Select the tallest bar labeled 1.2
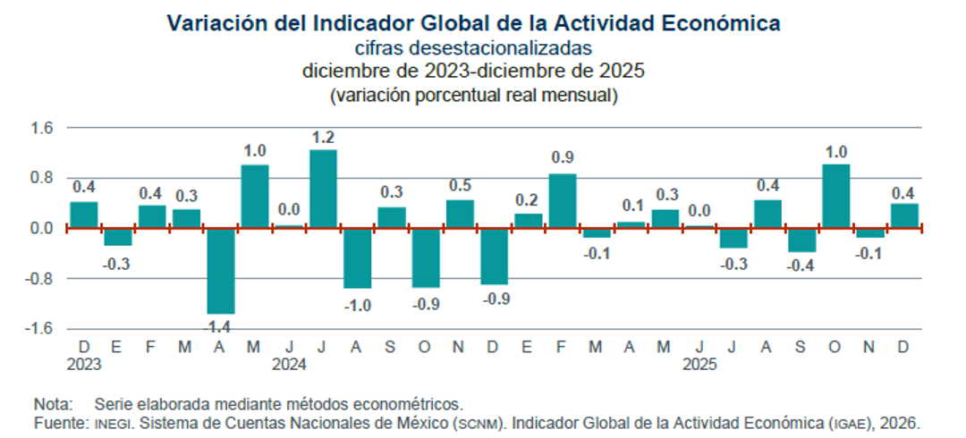click(x=323, y=189)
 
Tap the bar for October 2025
click(x=836, y=196)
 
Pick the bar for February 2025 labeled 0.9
click(x=563, y=201)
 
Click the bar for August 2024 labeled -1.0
click(x=357, y=258)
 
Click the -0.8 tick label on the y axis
click(x=40, y=278)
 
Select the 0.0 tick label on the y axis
click(x=42, y=228)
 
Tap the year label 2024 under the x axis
click(x=289, y=365)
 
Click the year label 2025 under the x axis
click(x=699, y=365)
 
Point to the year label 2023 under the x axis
click(x=82, y=365)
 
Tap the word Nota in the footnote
click(x=51, y=403)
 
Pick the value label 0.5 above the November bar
click(x=460, y=185)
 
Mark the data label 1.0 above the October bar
click(x=836, y=151)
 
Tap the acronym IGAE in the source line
click(x=851, y=421)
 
